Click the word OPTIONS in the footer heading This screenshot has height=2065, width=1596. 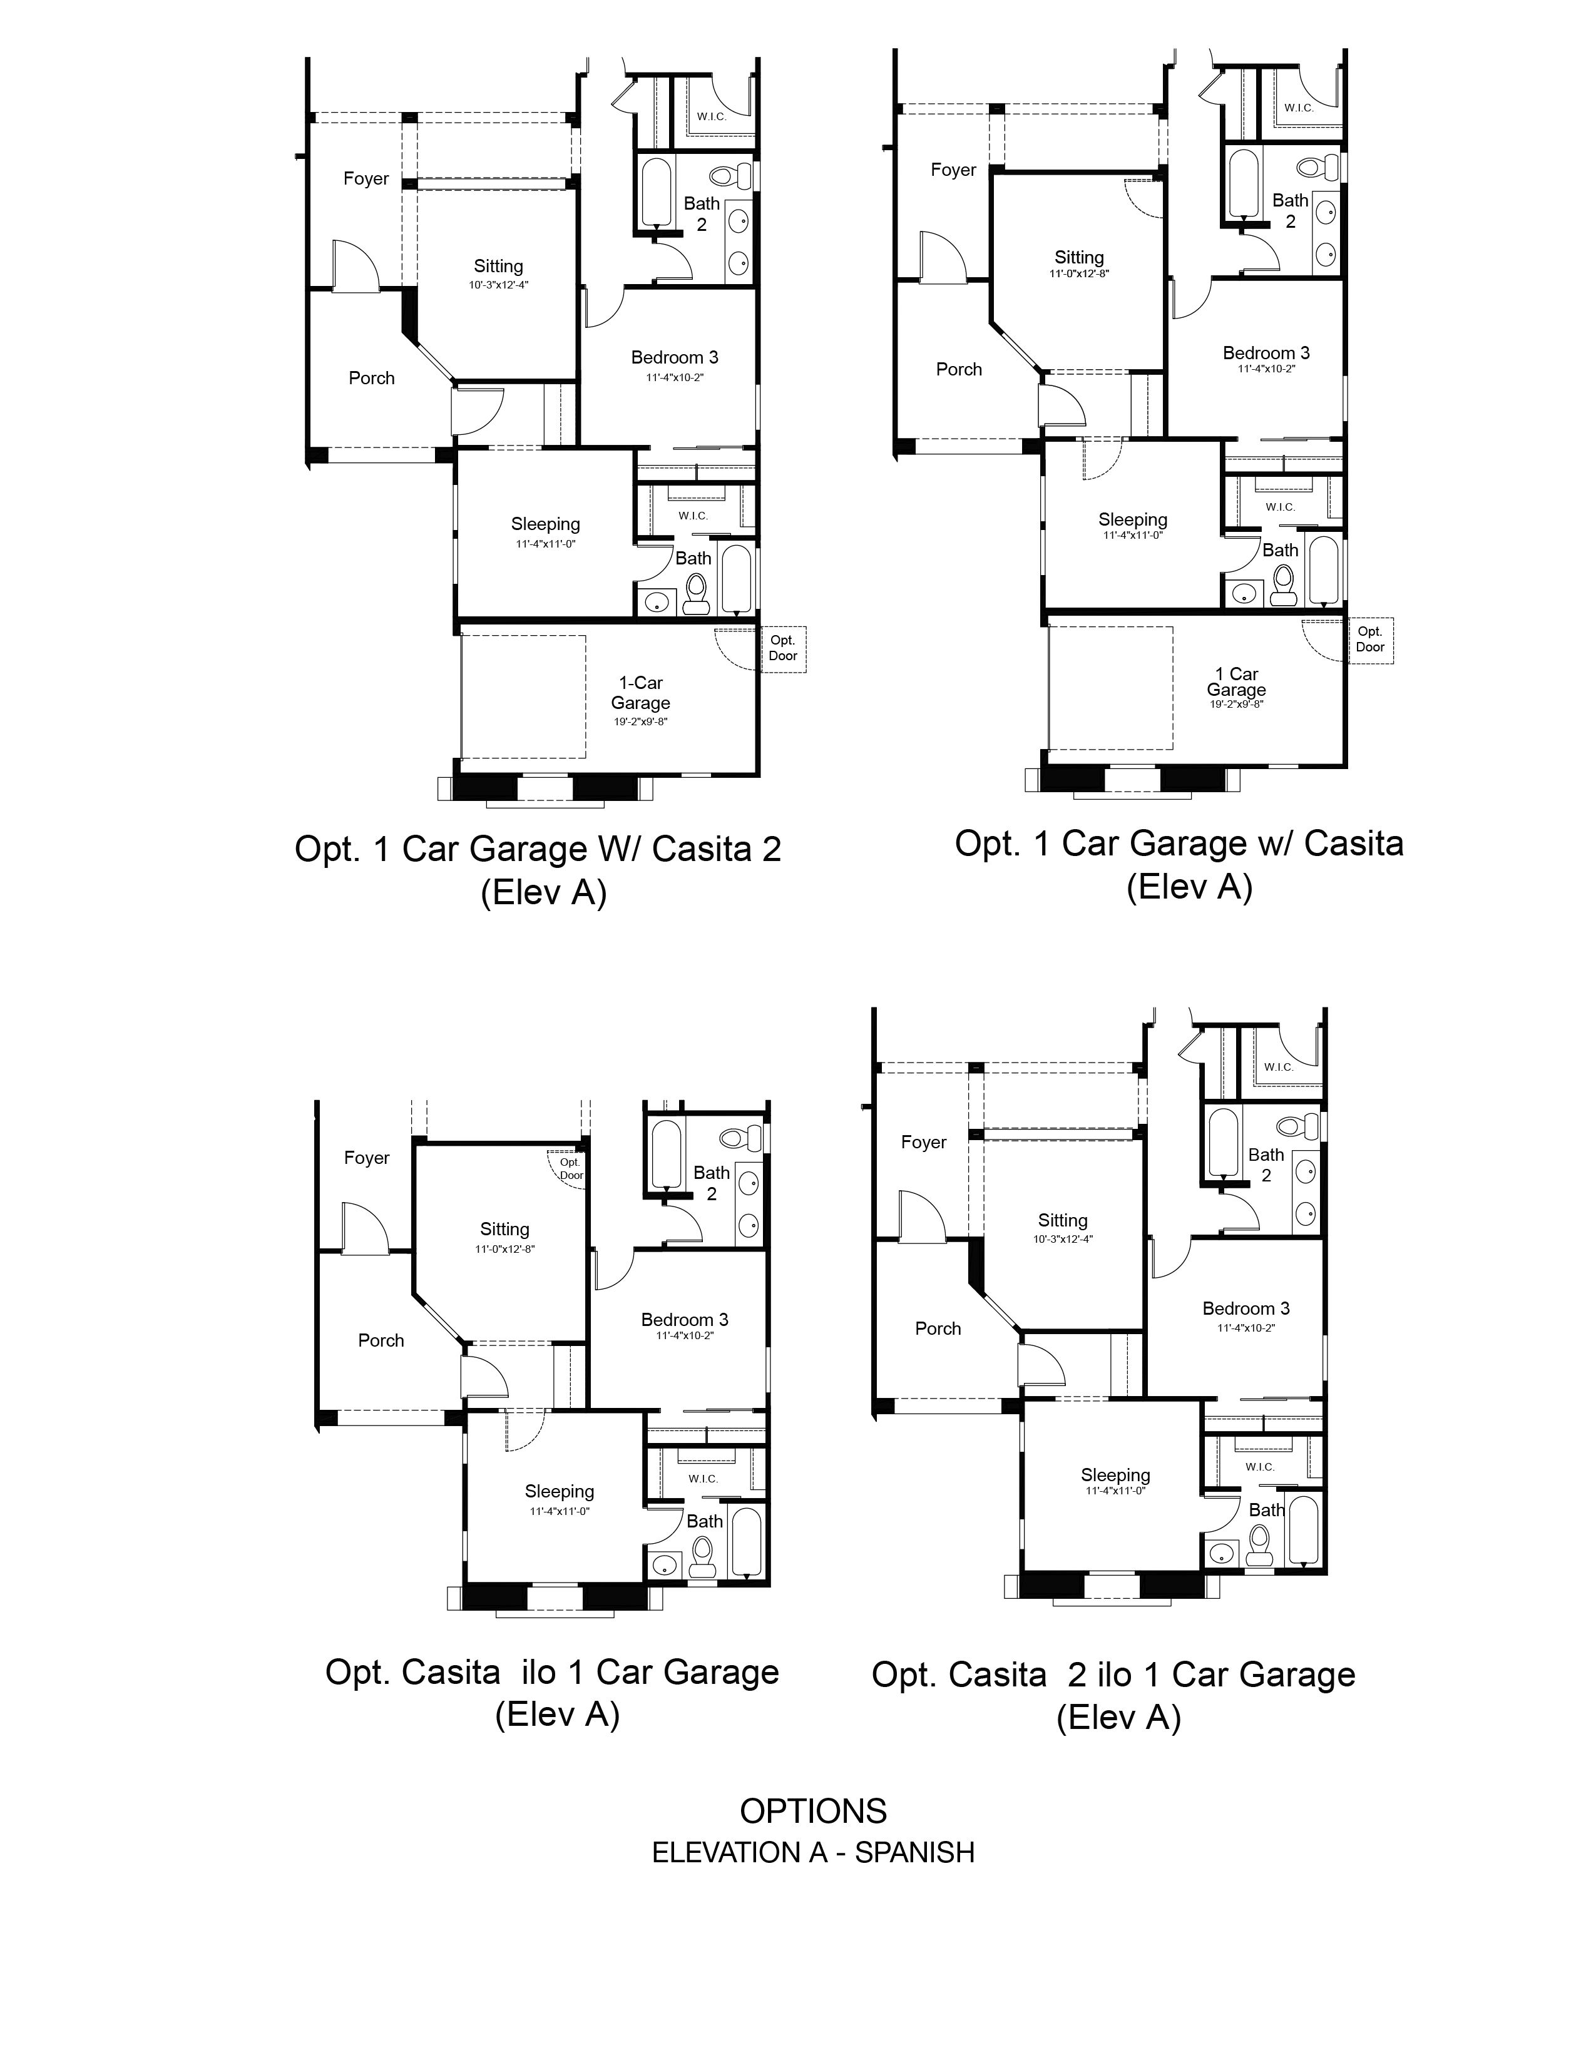(x=812, y=1811)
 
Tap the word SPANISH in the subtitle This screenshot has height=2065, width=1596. (x=914, y=1852)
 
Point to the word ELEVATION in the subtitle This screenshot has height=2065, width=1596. (x=726, y=1852)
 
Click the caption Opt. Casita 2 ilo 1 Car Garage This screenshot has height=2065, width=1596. (x=1113, y=1675)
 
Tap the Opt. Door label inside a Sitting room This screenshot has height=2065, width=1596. (x=570, y=1169)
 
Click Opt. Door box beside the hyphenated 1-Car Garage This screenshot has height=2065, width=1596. (x=783, y=648)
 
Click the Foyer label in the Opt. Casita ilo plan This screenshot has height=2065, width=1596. (x=367, y=1157)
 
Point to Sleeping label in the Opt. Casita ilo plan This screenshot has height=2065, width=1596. (x=559, y=1491)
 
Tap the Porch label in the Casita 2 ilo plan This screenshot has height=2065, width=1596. (x=938, y=1328)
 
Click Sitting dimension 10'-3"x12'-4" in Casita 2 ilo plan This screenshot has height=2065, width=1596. (x=1063, y=1238)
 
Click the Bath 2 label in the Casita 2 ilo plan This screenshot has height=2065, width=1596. (x=1266, y=1165)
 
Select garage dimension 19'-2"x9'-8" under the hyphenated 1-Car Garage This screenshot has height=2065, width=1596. (x=640, y=721)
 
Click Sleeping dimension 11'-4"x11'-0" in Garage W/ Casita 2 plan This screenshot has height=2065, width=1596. (x=546, y=544)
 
